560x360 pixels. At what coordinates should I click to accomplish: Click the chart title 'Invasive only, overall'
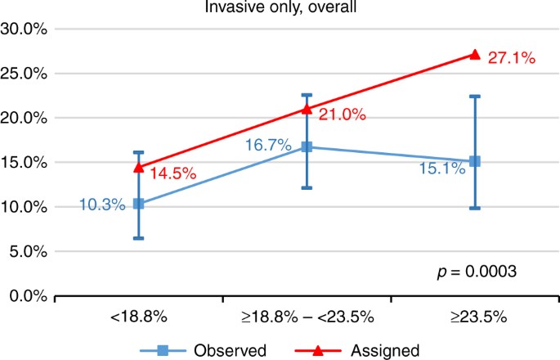click(x=280, y=8)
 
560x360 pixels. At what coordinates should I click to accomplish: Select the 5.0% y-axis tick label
click(x=29, y=251)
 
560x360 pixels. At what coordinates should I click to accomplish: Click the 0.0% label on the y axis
click(x=29, y=295)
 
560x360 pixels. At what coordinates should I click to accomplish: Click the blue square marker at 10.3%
click(x=139, y=204)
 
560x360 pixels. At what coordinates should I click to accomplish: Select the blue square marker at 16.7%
click(x=307, y=147)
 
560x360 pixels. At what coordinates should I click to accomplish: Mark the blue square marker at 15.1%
click(x=475, y=161)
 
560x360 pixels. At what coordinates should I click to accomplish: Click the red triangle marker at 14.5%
click(x=139, y=167)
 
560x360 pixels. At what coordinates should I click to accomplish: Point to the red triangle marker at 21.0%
click(x=307, y=109)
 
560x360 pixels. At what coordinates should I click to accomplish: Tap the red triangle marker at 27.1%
click(x=475, y=54)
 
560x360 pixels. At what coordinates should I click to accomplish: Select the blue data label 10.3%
click(x=102, y=205)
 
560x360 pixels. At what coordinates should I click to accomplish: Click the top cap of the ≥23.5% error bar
click(x=475, y=96)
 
